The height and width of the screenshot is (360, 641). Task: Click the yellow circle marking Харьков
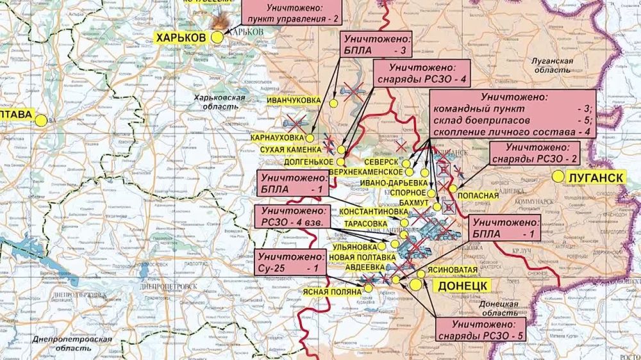[217, 38]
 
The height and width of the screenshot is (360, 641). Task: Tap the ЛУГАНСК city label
[595, 177]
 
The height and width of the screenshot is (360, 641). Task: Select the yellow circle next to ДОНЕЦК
[417, 285]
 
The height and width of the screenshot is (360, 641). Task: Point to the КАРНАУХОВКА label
[279, 138]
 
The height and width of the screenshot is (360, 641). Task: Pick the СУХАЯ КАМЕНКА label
[290, 150]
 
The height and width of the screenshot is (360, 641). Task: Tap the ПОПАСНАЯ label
[479, 195]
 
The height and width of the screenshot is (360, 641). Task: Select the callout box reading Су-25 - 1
[288, 261]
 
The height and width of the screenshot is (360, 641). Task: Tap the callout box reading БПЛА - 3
[376, 44]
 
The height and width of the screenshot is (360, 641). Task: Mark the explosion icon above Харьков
[221, 22]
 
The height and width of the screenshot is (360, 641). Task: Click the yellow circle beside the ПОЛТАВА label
[42, 120]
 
